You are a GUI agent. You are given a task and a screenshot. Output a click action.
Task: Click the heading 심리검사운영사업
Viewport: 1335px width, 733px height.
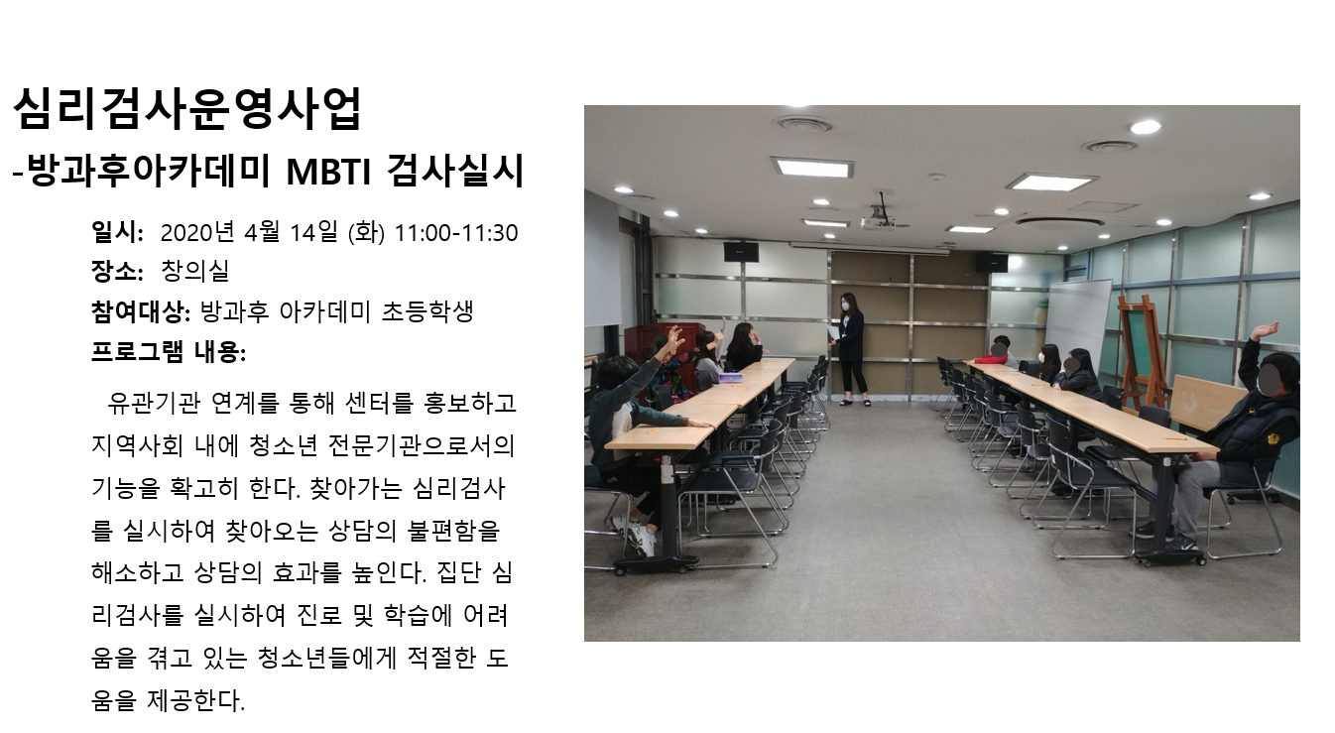[187, 108]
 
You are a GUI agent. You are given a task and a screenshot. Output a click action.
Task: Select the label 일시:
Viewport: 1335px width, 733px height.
[117, 232]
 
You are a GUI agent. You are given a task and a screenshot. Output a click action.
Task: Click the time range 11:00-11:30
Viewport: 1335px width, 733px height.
[456, 233]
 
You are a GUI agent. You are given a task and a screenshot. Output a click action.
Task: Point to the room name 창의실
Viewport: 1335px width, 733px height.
[195, 271]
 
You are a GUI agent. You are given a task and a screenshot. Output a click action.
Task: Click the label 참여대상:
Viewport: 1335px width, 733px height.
[141, 312]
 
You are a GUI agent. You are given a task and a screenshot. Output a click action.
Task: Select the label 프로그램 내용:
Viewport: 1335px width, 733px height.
[168, 352]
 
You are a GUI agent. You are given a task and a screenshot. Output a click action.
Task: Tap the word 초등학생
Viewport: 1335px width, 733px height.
[427, 311]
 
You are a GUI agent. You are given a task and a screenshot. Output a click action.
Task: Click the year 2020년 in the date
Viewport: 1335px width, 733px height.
[197, 232]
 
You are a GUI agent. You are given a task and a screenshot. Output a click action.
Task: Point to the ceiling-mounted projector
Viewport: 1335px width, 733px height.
[877, 223]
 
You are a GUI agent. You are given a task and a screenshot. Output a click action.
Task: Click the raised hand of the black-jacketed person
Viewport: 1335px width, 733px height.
[1266, 330]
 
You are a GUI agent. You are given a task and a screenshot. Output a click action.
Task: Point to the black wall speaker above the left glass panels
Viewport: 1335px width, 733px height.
[741, 252]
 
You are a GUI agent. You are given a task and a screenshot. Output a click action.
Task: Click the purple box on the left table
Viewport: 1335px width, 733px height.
[730, 377]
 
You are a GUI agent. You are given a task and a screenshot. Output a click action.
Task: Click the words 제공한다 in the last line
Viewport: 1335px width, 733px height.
[195, 700]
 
